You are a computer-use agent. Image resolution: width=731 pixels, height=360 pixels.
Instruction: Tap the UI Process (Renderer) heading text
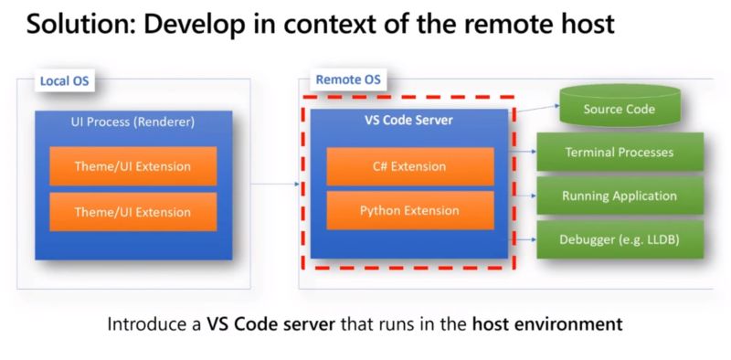(133, 122)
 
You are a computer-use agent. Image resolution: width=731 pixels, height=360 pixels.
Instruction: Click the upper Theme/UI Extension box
(132, 166)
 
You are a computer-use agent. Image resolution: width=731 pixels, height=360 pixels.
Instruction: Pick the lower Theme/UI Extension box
(132, 212)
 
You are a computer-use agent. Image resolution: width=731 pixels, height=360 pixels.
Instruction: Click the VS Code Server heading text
(410, 121)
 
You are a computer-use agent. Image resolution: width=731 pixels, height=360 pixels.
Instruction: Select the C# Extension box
(410, 166)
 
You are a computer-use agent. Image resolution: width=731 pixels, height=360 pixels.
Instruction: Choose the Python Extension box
(410, 211)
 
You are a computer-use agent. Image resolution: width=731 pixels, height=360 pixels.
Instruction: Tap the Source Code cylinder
(619, 111)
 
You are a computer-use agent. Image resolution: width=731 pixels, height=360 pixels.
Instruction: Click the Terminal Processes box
(620, 153)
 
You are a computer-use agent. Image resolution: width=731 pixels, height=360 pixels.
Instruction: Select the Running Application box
(620, 196)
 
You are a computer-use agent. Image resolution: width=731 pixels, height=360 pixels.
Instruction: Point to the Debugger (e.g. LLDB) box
(620, 239)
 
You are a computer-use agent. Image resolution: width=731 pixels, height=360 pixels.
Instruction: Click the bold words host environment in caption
(547, 323)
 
